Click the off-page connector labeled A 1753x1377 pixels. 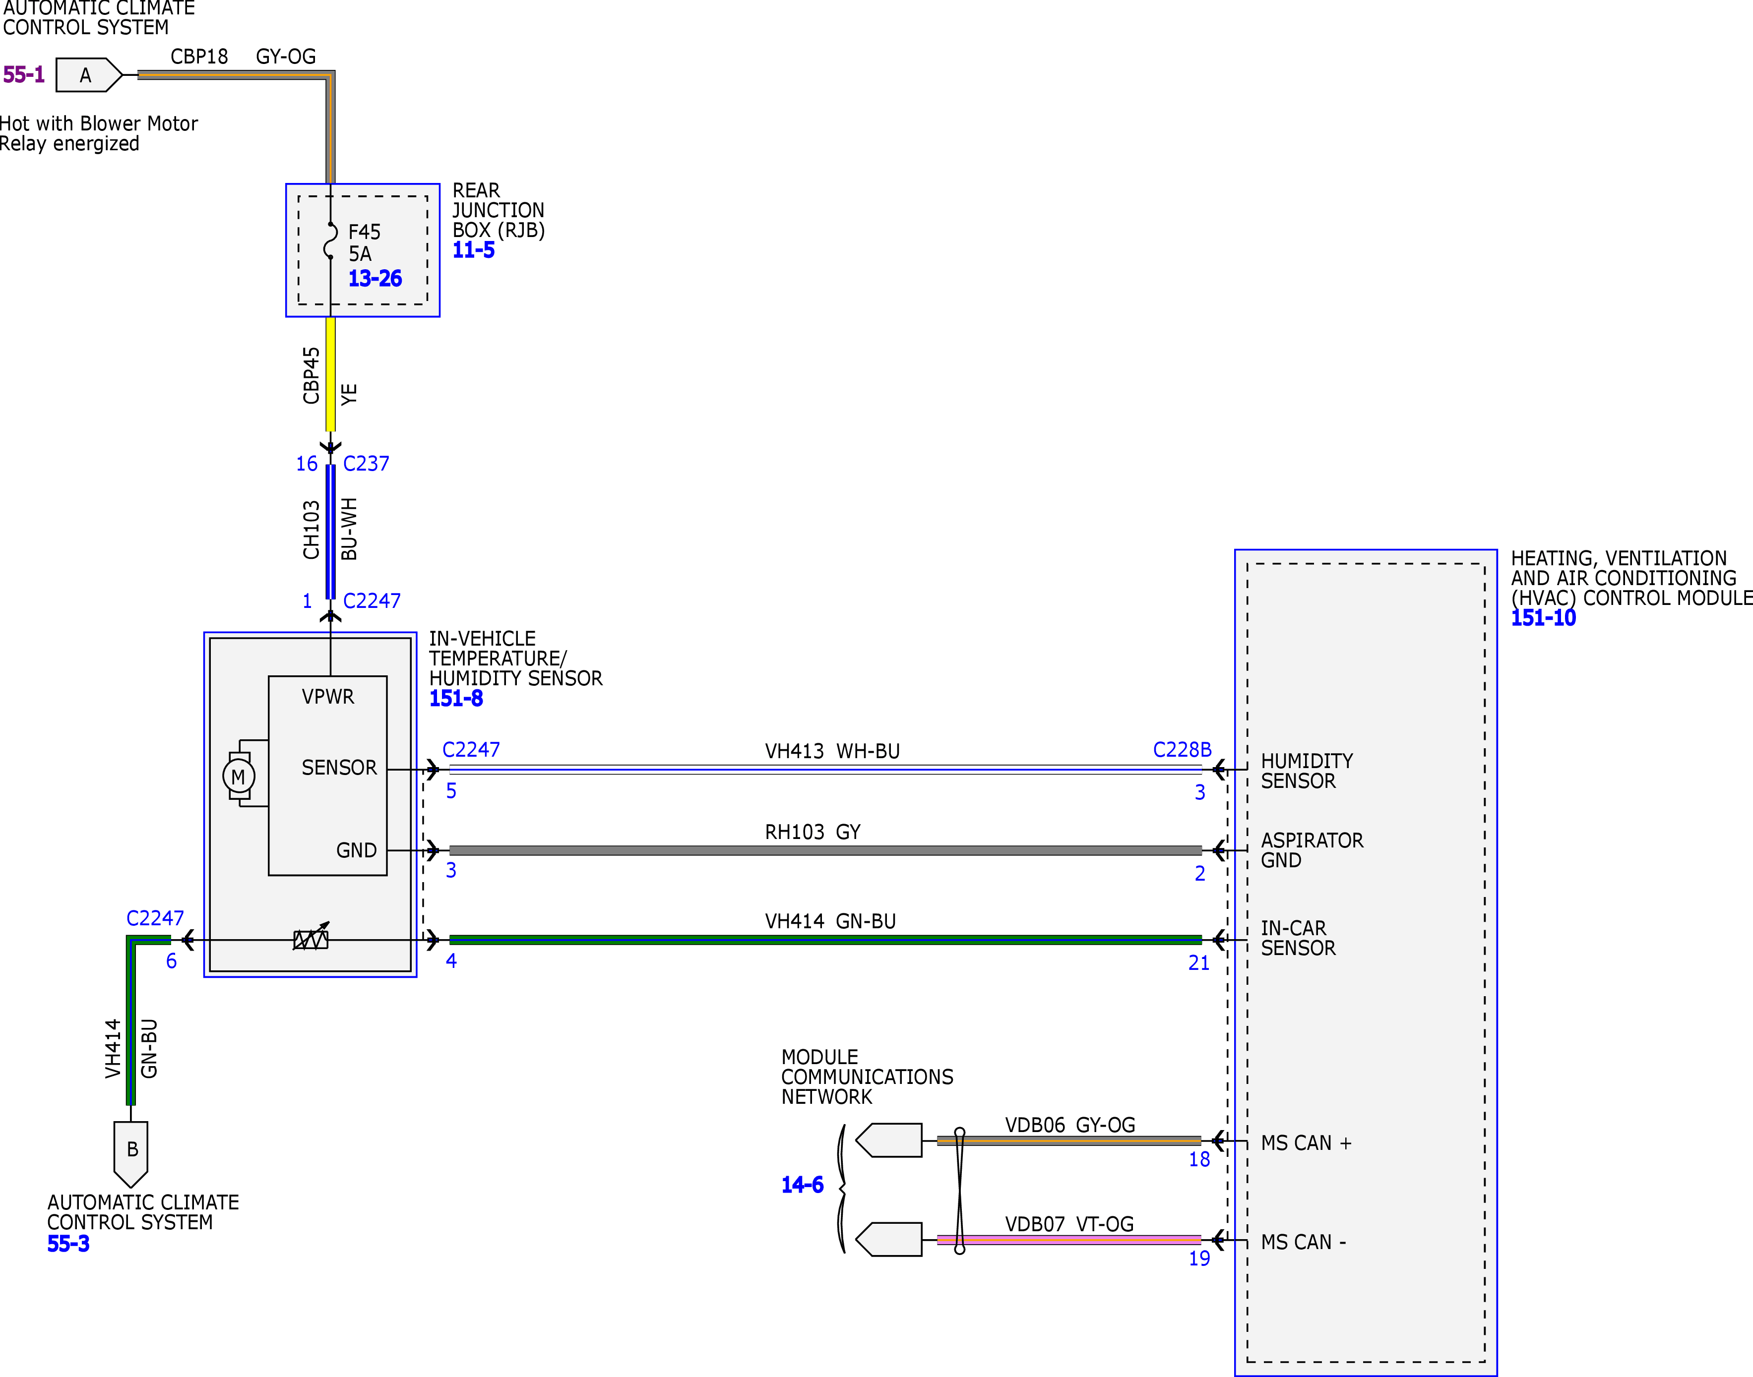pos(89,75)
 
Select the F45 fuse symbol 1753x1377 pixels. pos(330,240)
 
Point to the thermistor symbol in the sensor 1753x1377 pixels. pos(311,938)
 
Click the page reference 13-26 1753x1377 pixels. pos(375,279)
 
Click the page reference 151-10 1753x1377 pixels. pos(1543,618)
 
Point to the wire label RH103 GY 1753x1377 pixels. pos(813,832)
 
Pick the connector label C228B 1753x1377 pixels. pos(1182,750)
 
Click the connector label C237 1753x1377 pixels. pos(366,464)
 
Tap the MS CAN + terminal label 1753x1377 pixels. pos(1306,1143)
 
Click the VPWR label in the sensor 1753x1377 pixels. pos(328,697)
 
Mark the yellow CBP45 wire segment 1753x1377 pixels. pos(330,374)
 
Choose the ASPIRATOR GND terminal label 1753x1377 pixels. pos(1312,850)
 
